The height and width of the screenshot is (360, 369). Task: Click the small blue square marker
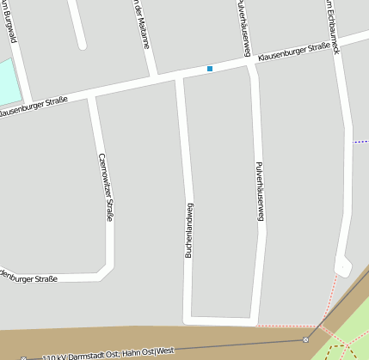pyautogui.click(x=209, y=68)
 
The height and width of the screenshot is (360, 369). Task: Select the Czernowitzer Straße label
pyautogui.click(x=106, y=186)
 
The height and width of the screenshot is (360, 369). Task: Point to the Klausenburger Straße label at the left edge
pyautogui.click(x=33, y=109)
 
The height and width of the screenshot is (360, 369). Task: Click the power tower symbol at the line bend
pyautogui.click(x=305, y=340)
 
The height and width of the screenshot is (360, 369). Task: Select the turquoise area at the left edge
pyautogui.click(x=7, y=82)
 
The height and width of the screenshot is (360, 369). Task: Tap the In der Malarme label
pyautogui.click(x=141, y=23)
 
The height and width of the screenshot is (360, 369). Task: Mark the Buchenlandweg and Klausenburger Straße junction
pyautogui.click(x=179, y=77)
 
